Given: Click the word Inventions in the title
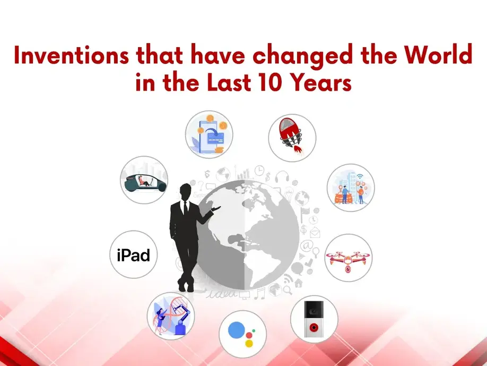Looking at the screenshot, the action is (x=72, y=55).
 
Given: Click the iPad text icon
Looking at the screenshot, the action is (x=133, y=255).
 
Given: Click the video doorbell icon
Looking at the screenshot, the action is (x=314, y=319).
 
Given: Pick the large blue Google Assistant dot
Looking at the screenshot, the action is (x=237, y=330).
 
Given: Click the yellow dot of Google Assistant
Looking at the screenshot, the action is (x=249, y=343).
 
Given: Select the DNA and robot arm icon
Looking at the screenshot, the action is (x=171, y=316).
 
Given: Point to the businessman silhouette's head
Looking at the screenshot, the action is (x=186, y=192).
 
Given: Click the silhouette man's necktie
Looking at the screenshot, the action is (x=186, y=208).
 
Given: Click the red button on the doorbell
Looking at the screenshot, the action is (x=314, y=327).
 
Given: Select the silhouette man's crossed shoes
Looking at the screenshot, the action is (x=186, y=285).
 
